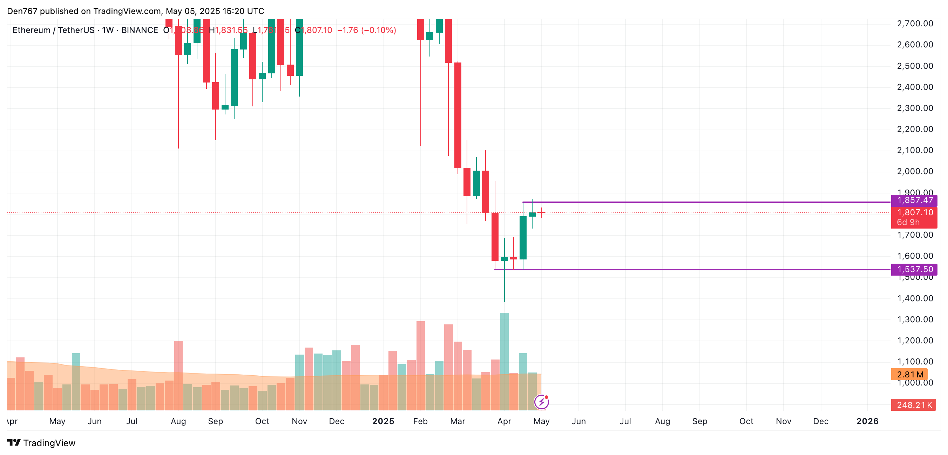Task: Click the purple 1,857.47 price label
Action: tap(914, 200)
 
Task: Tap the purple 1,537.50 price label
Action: tap(914, 269)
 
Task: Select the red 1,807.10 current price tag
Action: tap(914, 212)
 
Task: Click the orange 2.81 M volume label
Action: tap(910, 374)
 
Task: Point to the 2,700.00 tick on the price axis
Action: tap(915, 24)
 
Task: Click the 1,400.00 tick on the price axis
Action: tap(915, 298)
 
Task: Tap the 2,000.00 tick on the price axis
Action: tap(915, 171)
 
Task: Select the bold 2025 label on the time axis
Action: tap(383, 421)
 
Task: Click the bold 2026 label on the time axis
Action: tap(867, 421)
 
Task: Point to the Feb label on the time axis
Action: tap(420, 421)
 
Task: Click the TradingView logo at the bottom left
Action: tap(41, 443)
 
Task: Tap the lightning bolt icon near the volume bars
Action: tap(541, 402)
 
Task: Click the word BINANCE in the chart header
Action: tap(140, 30)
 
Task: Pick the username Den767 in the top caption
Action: tap(22, 11)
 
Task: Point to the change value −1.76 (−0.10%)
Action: tap(366, 30)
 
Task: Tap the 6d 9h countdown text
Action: tap(908, 222)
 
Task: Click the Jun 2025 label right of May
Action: tap(578, 421)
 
